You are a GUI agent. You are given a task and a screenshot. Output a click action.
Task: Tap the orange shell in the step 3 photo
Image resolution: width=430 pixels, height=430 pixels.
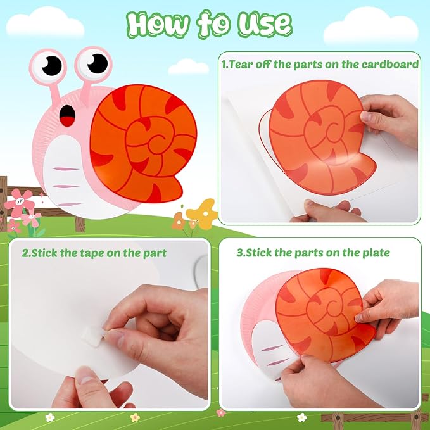point(320,307)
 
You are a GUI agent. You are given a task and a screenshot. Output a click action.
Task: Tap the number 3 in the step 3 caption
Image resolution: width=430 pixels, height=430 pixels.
point(239,253)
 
